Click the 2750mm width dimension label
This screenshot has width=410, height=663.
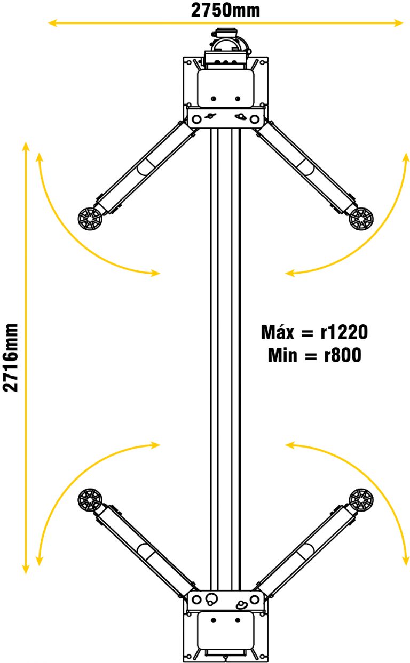click(x=225, y=10)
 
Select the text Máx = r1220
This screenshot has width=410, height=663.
click(x=314, y=332)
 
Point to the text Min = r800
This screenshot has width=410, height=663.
click(x=314, y=355)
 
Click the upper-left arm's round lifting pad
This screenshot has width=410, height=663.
click(x=90, y=219)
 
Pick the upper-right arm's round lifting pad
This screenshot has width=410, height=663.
click(x=361, y=219)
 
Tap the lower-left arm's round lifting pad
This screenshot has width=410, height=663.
click(x=90, y=501)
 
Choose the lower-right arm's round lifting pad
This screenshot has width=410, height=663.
click(x=361, y=501)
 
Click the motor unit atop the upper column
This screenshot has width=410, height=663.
click(x=228, y=48)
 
